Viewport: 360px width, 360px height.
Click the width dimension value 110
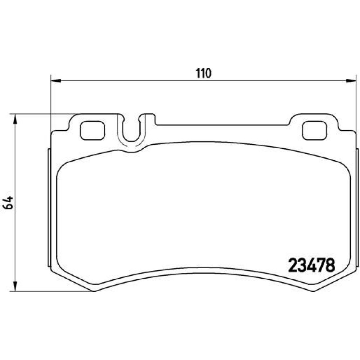point(203,73)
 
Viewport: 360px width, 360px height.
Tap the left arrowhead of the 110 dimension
point(55,81)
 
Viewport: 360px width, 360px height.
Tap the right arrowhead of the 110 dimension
point(351,81)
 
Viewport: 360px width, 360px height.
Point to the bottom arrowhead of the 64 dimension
point(15,286)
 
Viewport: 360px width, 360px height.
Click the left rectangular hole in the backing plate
point(92,130)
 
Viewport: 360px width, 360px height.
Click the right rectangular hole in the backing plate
point(314,130)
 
